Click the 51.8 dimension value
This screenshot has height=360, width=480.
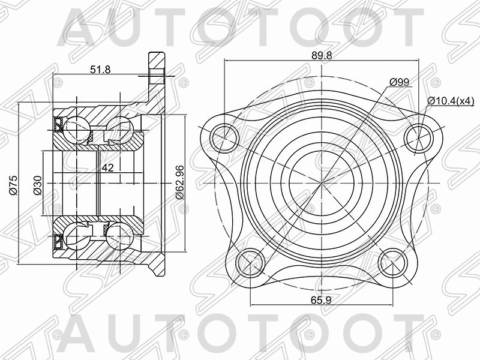(x=100, y=70)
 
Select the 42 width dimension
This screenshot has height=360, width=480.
(x=107, y=168)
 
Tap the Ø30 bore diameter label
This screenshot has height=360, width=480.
(x=37, y=185)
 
